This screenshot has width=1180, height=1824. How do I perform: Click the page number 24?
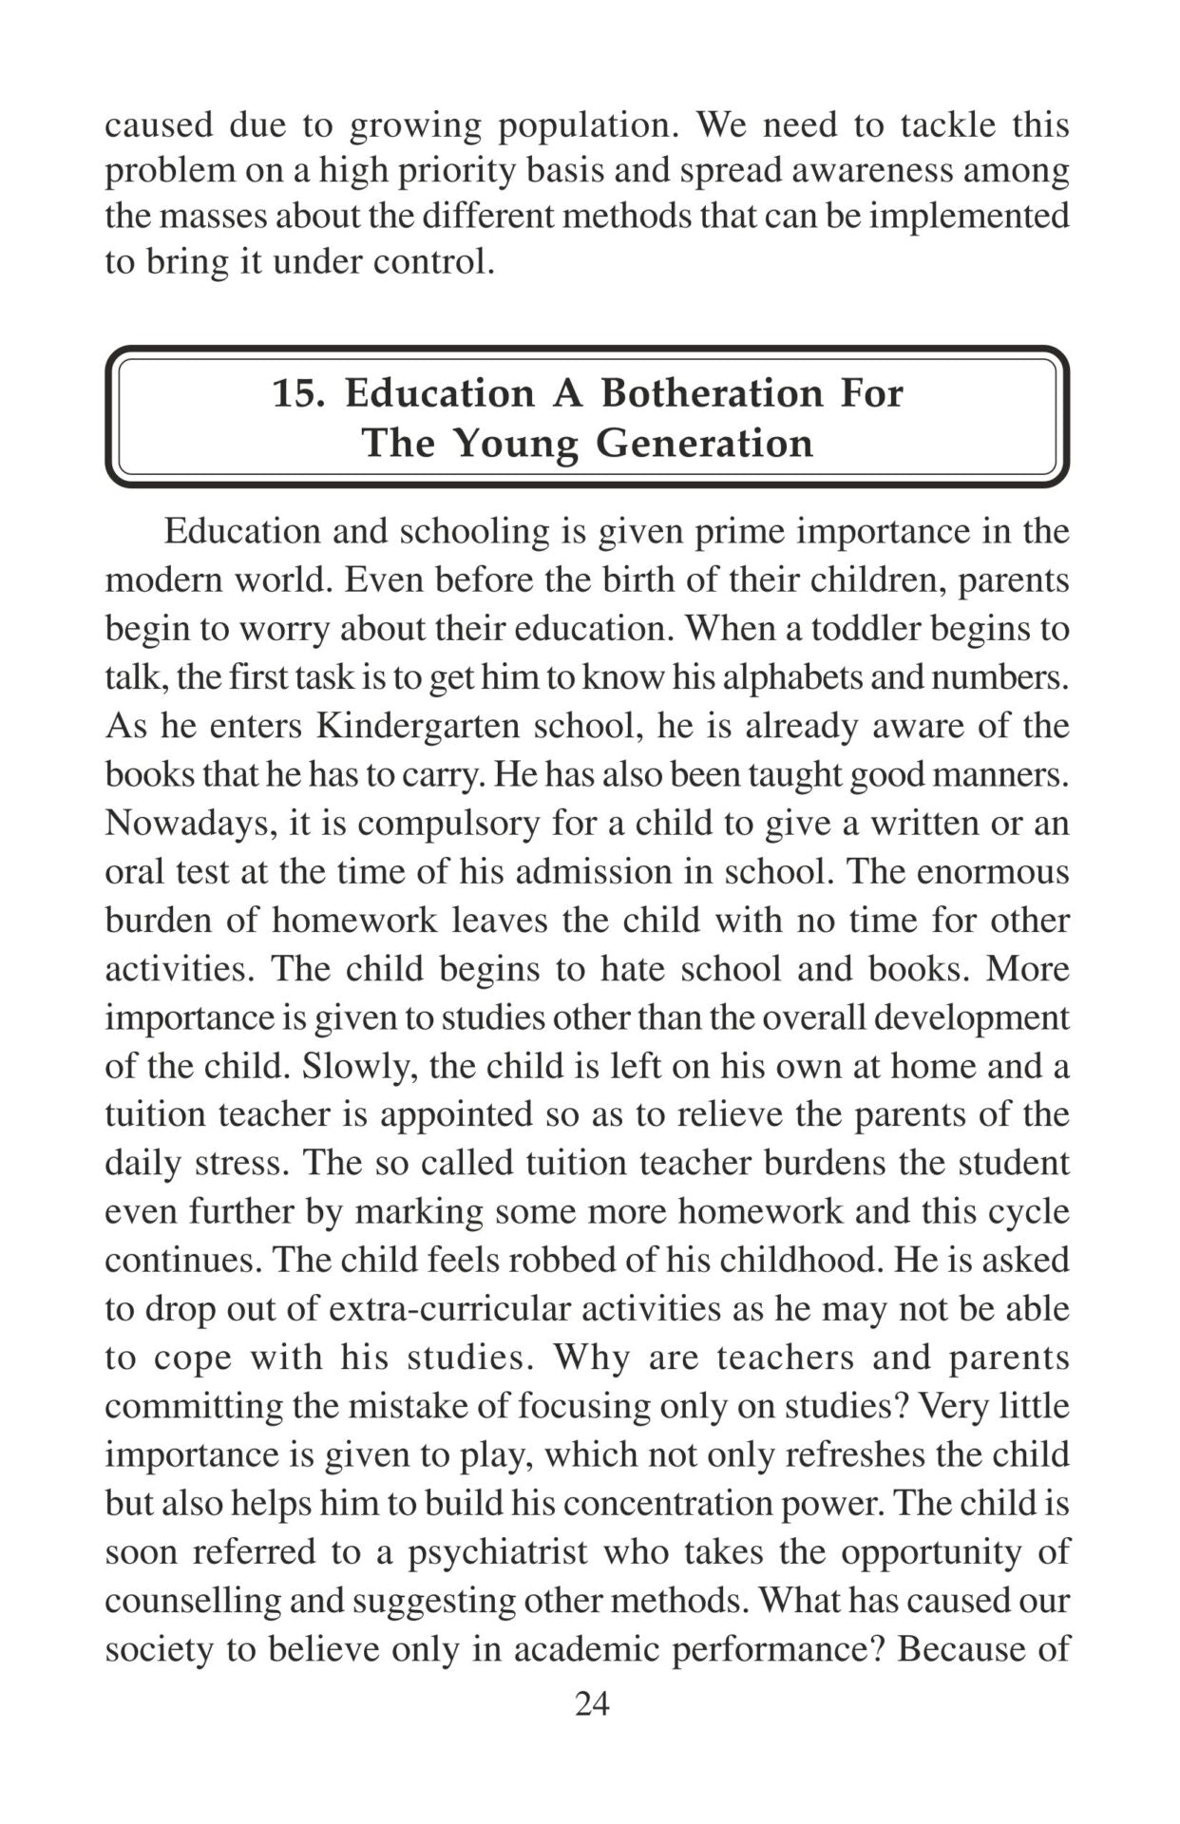click(591, 1705)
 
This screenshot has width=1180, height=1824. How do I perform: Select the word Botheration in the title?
click(712, 393)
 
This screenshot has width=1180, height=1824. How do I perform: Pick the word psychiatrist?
click(498, 1552)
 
